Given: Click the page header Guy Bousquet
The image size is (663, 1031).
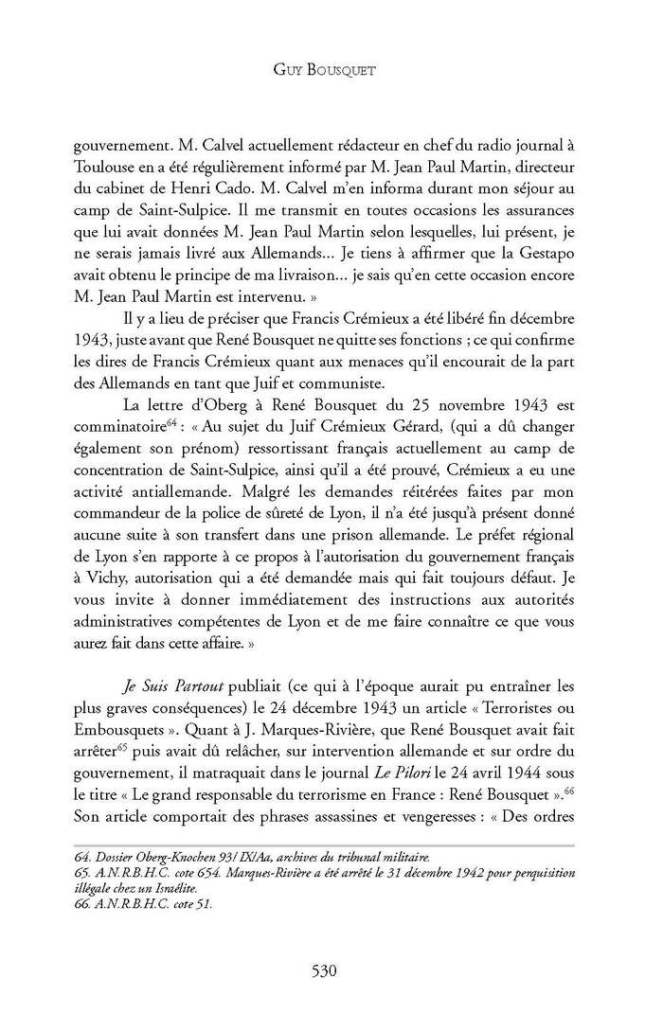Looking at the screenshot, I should pos(331,70).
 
